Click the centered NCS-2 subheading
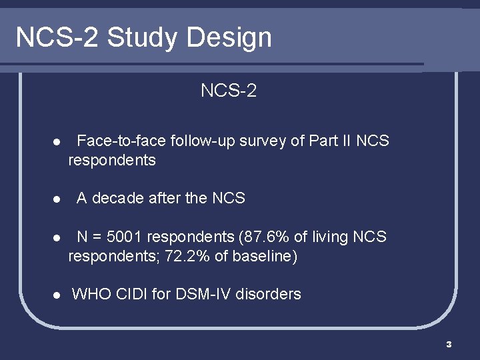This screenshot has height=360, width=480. point(229,91)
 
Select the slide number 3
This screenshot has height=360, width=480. point(449,344)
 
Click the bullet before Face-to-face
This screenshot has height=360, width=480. point(57,142)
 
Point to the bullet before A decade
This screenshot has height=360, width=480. point(57,199)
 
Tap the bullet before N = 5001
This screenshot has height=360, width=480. point(57,237)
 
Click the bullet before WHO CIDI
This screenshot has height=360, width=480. point(57,294)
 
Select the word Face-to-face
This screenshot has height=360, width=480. point(122,141)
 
